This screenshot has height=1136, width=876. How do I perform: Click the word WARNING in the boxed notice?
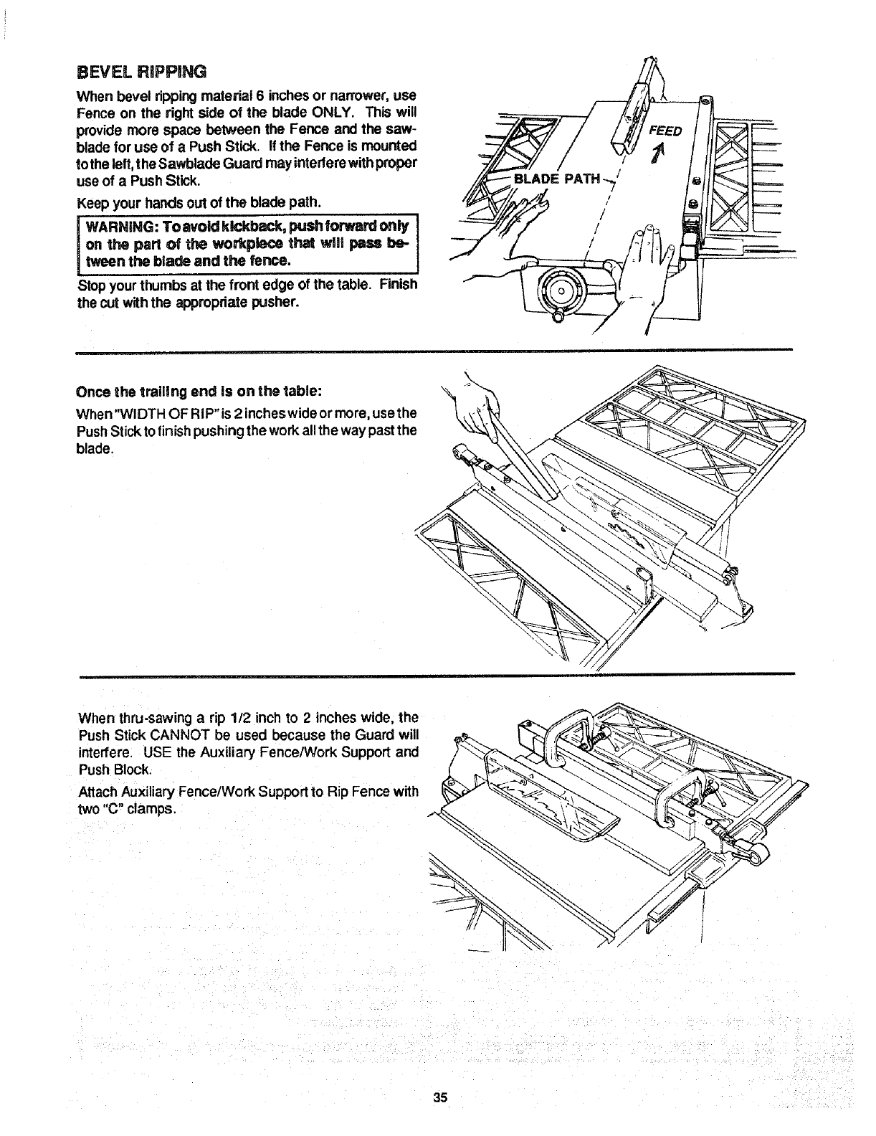pyautogui.click(x=120, y=227)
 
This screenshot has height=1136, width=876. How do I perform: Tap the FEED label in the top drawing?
pyautogui.click(x=666, y=131)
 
